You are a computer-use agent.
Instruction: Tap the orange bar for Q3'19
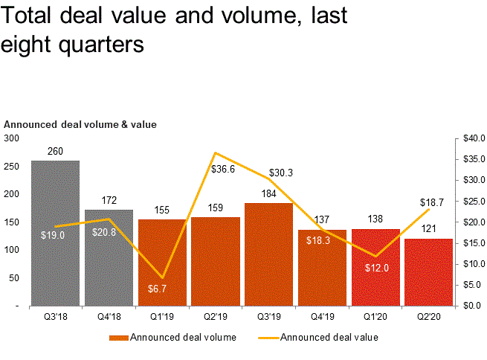pos(268,254)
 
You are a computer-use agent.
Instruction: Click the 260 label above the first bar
pos(56,152)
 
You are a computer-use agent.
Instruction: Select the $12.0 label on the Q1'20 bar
pos(375,268)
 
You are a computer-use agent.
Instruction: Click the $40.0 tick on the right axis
pos(472,138)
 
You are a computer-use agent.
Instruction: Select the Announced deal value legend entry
pos(329,338)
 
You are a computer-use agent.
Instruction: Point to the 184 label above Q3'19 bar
pos(268,194)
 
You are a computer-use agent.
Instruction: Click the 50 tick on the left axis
pos(14,277)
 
